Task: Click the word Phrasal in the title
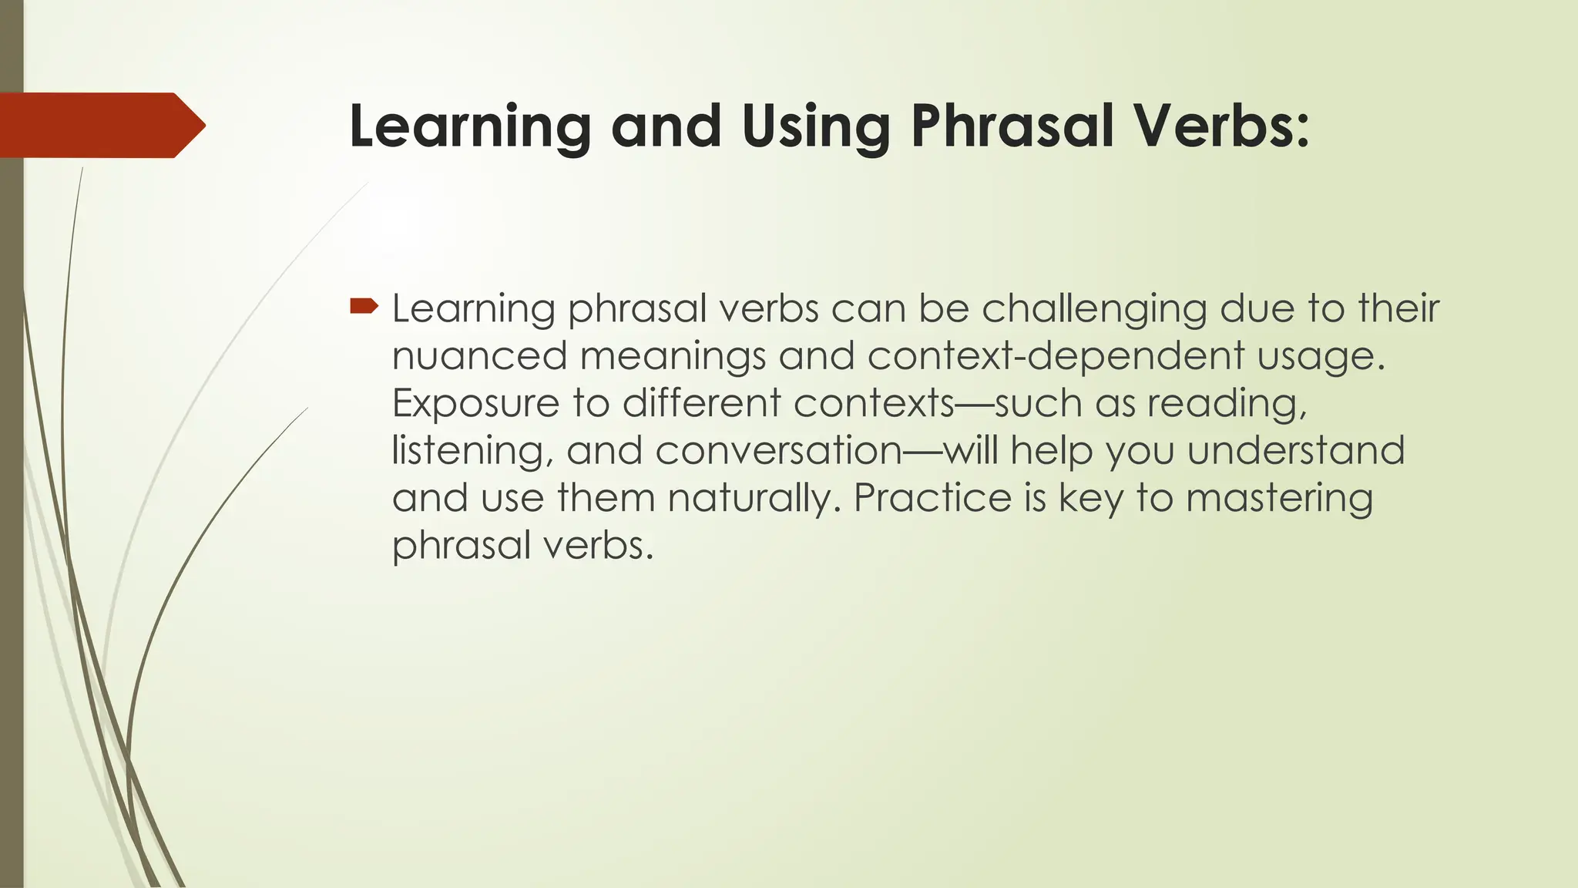[1012, 126]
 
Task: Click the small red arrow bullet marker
[364, 308]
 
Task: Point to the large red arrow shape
[100, 125]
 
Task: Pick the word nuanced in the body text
[479, 356]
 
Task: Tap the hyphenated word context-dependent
[1056, 356]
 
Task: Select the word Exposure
[475, 404]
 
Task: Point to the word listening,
[472, 451]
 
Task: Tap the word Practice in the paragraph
[932, 499]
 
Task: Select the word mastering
[1279, 499]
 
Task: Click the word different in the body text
[701, 404]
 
